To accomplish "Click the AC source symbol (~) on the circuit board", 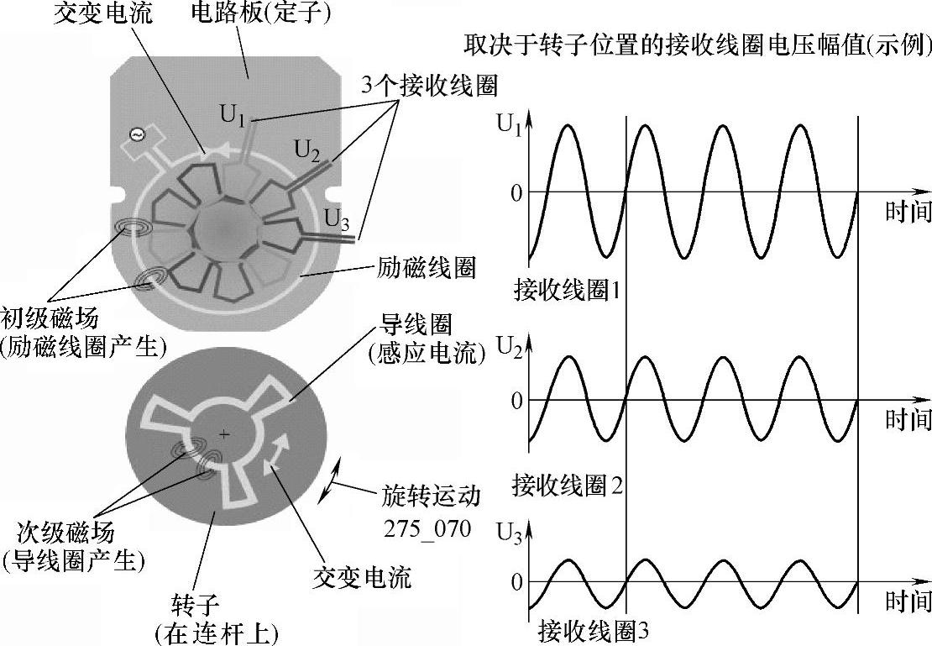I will pos(136,134).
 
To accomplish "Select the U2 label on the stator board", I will pos(307,150).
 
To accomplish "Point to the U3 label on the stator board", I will pos(337,223).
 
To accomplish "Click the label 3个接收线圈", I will pos(428,84).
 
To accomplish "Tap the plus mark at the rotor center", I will pos(223,434).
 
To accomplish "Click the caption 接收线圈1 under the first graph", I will pos(567,291).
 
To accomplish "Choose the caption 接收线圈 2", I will pos(567,484).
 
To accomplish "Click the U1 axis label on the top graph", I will pos(510,127).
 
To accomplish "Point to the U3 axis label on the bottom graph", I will pos(510,534).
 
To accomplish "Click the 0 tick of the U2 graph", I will pos(516,400).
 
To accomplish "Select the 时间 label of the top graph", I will pos(908,212).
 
